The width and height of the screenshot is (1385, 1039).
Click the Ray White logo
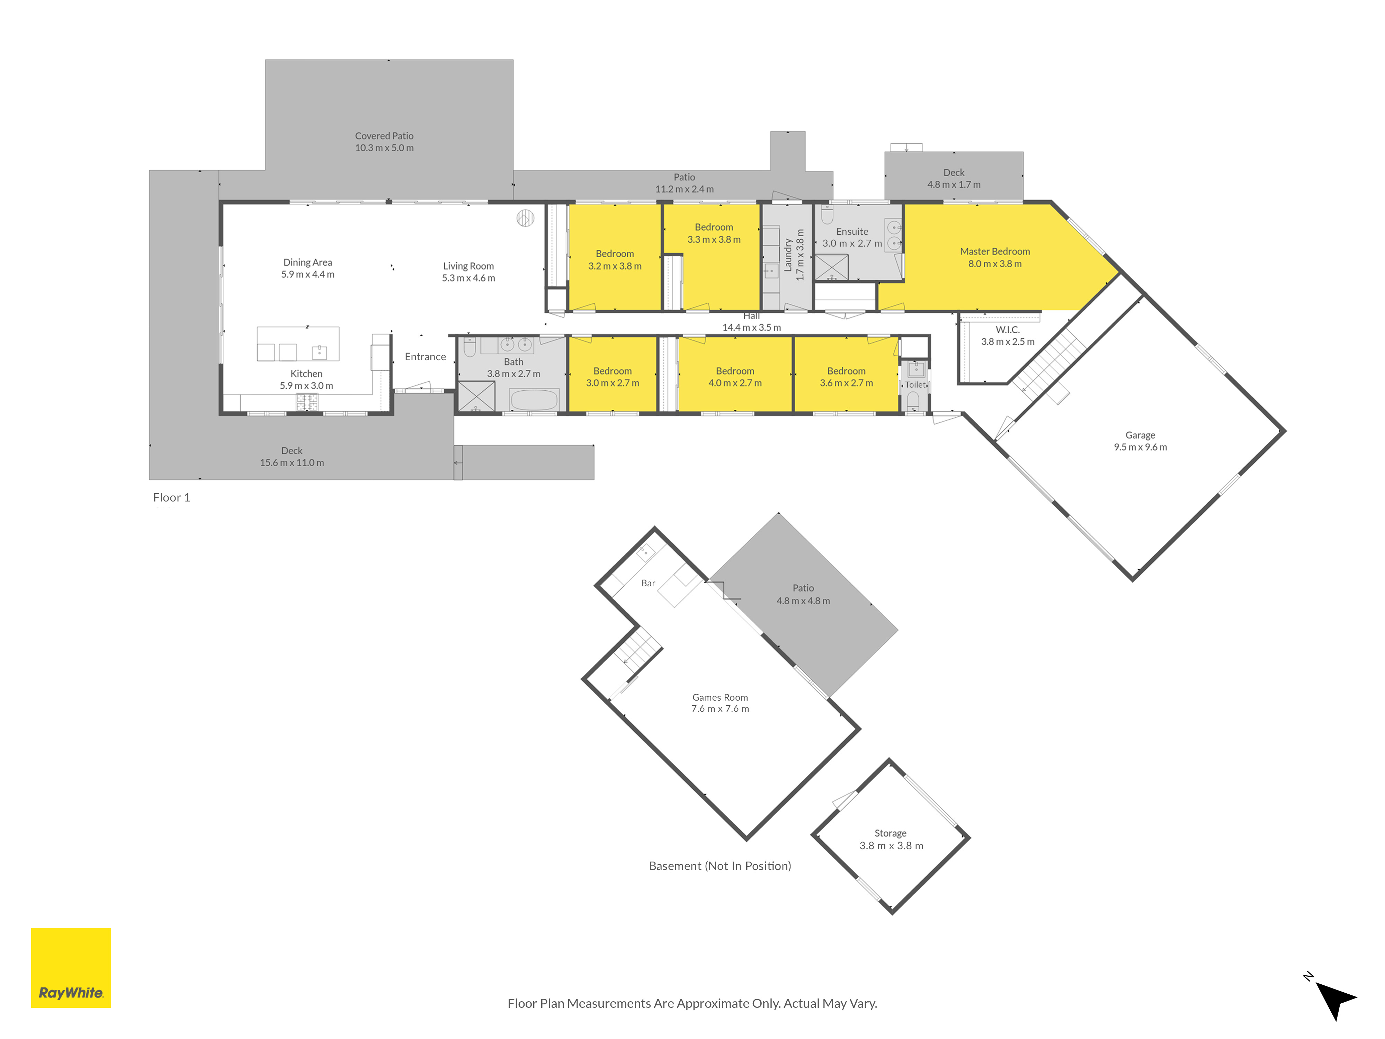(x=71, y=968)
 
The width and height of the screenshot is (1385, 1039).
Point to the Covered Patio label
(x=384, y=142)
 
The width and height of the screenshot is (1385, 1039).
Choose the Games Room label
(x=720, y=703)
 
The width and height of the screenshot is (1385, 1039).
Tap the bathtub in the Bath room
(x=534, y=399)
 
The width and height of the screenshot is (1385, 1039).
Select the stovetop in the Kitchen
(x=307, y=402)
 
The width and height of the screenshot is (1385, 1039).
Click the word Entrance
(x=425, y=356)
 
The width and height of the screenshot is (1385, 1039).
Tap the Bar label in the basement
(x=648, y=583)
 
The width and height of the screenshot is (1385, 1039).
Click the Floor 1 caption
(x=171, y=497)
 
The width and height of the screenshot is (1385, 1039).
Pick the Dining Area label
(x=307, y=268)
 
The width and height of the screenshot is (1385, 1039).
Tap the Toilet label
(x=915, y=384)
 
